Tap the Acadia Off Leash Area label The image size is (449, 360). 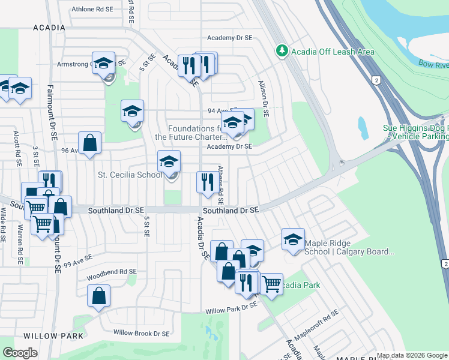(333, 52)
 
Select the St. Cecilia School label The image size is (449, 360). (130, 175)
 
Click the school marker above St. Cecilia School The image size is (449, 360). (169, 161)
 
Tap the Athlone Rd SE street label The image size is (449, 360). (92, 10)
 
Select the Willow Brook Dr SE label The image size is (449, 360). (142, 333)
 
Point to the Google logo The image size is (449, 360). (20, 353)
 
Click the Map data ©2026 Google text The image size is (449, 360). (412, 355)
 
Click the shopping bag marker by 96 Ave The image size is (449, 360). (89, 143)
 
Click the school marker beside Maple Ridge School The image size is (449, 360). (293, 239)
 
